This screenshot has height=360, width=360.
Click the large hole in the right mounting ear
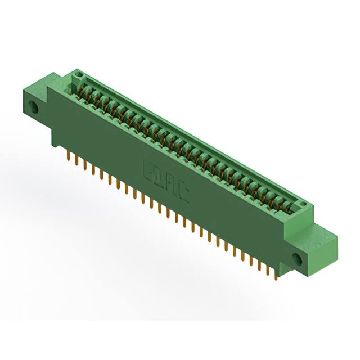(x=297, y=258)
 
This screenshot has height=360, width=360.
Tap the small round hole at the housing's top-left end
(x=79, y=74)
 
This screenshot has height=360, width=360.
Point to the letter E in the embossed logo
(x=150, y=169)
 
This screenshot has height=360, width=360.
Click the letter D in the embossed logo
(x=161, y=176)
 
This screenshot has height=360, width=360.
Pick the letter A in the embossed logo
(x=172, y=183)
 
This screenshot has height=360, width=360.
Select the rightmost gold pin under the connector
(x=276, y=274)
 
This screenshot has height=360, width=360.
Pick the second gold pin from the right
(x=268, y=269)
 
